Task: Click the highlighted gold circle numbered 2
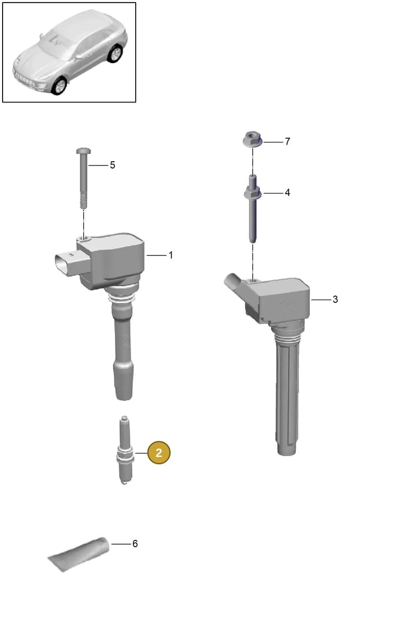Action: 159,453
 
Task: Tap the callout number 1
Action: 171,255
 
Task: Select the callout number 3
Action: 335,299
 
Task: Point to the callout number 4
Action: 287,192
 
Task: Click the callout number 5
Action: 112,165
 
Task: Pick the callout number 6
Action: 135,544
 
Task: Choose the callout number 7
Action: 287,141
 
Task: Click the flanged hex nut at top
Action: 252,139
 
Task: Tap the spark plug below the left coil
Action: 125,450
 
